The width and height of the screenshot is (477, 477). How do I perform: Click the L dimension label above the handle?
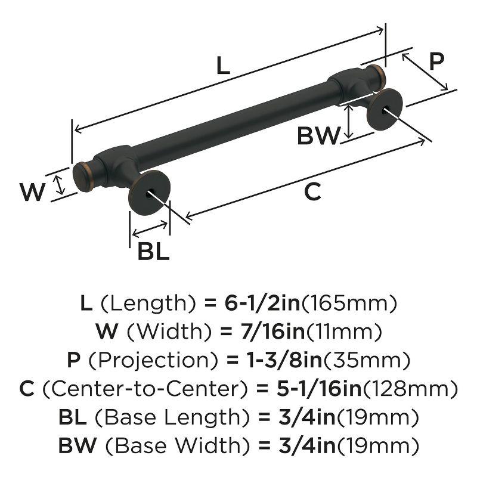click(x=222, y=66)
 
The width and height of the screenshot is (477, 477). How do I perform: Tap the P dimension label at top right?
click(x=438, y=61)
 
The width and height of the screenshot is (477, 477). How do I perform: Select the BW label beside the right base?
click(x=318, y=137)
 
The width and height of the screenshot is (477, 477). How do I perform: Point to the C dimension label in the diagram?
click(x=312, y=192)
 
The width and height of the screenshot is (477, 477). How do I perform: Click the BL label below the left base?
click(x=153, y=252)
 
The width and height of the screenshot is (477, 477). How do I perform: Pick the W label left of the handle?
click(x=33, y=192)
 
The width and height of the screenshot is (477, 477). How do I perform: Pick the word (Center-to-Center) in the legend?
click(x=145, y=389)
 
